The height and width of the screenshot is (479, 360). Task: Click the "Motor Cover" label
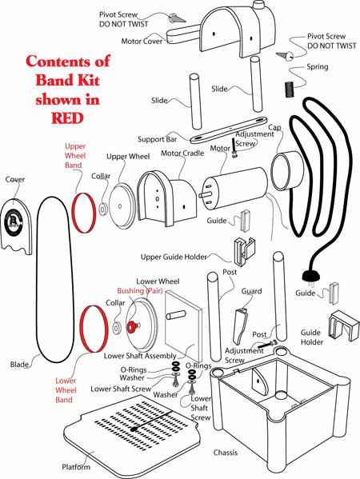tap(142, 40)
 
